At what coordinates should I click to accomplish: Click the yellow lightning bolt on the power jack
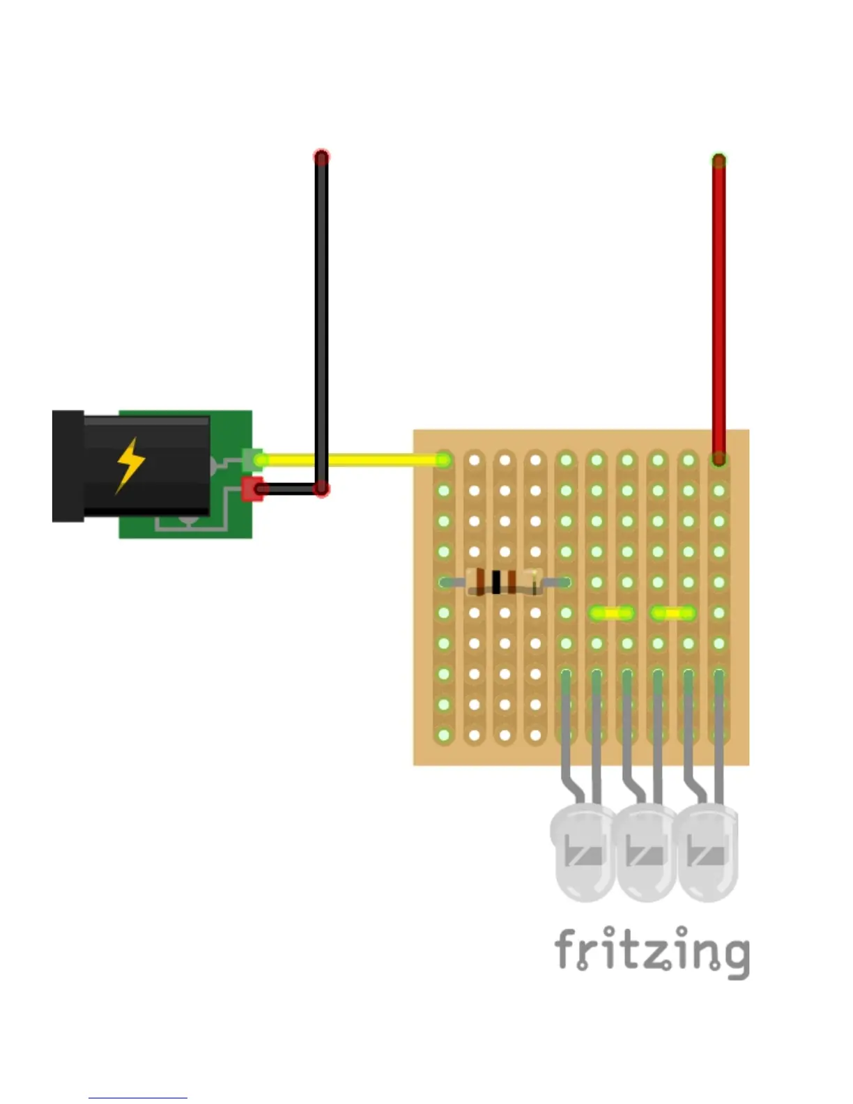pyautogui.click(x=130, y=465)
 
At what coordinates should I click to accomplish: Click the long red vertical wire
pyautogui.click(x=718, y=307)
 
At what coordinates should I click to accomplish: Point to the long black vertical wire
pyautogui.click(x=321, y=314)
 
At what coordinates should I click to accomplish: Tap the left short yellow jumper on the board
pyautogui.click(x=612, y=613)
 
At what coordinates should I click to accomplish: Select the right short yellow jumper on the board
pyautogui.click(x=673, y=613)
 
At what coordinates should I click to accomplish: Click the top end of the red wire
pyautogui.click(x=718, y=161)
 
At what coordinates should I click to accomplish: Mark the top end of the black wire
pyautogui.click(x=321, y=157)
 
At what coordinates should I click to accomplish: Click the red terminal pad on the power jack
pyautogui.click(x=251, y=489)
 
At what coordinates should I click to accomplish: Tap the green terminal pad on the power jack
pyautogui.click(x=252, y=459)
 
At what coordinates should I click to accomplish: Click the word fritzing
pyautogui.click(x=652, y=951)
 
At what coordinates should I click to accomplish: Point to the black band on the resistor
pyautogui.click(x=496, y=581)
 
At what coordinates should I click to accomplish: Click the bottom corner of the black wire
pyautogui.click(x=321, y=489)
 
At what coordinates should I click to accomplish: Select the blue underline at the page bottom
pyautogui.click(x=137, y=1098)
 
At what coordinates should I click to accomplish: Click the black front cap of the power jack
pyautogui.click(x=68, y=466)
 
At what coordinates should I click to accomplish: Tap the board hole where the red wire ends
pyautogui.click(x=718, y=460)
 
